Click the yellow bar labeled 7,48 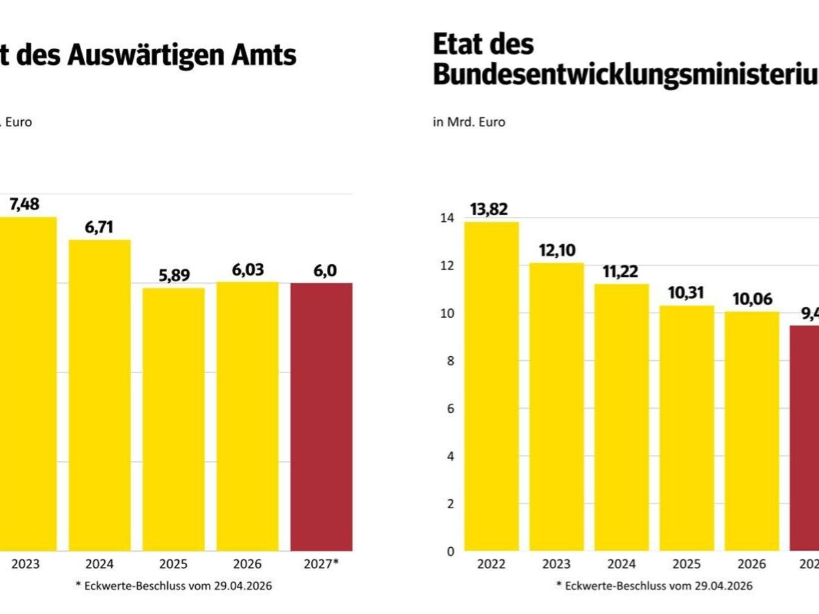pos(28,382)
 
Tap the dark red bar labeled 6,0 pos(321,416)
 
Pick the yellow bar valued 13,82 pos(491,385)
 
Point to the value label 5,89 pos(173,276)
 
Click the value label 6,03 pos(247,270)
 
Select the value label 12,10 pos(555,251)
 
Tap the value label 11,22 pos(621,272)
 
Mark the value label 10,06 pos(751,299)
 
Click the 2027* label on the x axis pos(321,564)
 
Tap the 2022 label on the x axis pos(491,564)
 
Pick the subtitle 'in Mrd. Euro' pos(470,122)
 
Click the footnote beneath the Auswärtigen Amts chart pos(175,586)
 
